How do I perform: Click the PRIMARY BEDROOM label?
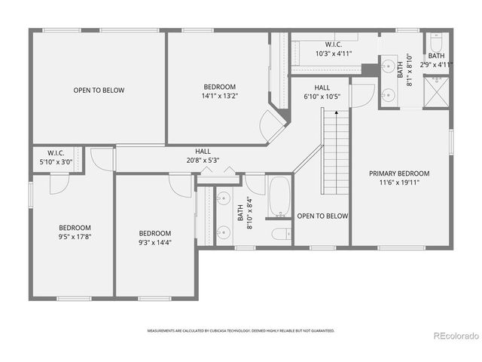(x=399, y=173)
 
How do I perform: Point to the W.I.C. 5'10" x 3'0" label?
(x=56, y=156)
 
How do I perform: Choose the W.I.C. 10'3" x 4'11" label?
(x=334, y=49)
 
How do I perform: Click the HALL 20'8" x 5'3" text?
(x=203, y=155)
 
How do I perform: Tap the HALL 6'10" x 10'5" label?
(x=322, y=92)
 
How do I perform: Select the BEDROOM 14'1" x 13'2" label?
(x=219, y=91)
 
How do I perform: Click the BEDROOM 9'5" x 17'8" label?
(x=75, y=232)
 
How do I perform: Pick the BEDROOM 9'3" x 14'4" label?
(x=154, y=238)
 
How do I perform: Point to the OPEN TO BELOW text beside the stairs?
(x=322, y=216)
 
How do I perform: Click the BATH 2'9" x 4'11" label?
(x=437, y=60)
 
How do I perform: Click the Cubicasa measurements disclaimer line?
(x=241, y=331)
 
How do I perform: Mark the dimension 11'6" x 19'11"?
(x=399, y=182)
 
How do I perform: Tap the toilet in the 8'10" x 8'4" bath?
(x=280, y=234)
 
